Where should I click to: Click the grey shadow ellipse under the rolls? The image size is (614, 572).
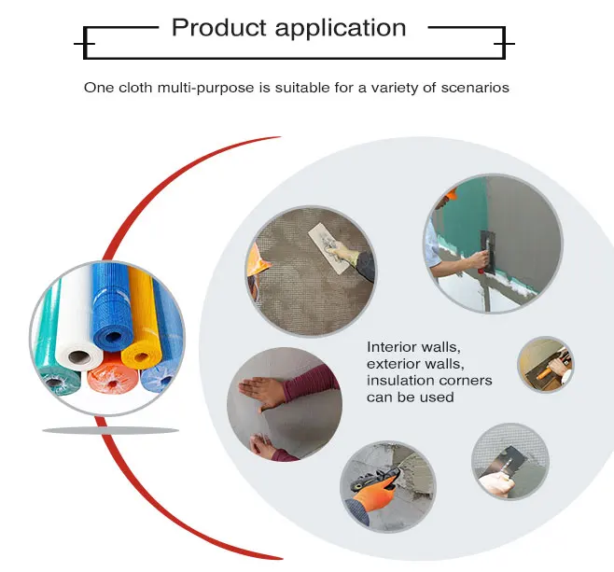pyautogui.click(x=110, y=430)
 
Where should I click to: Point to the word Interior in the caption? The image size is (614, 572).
pyautogui.click(x=389, y=346)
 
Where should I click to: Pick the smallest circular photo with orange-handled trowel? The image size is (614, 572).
pyautogui.click(x=546, y=364)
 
